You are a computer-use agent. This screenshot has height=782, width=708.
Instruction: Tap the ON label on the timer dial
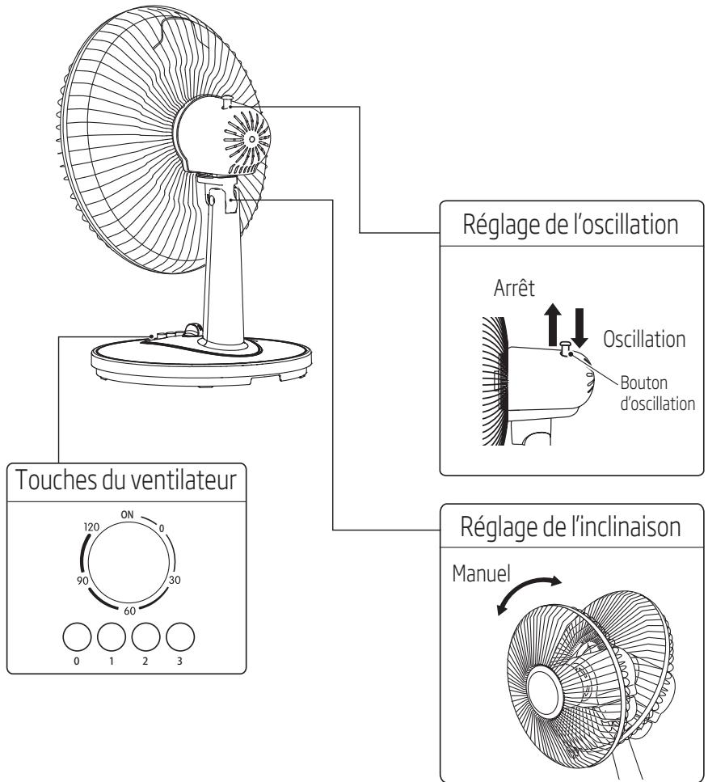point(127,514)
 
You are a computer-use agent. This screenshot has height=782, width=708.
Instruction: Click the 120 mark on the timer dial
point(91,526)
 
